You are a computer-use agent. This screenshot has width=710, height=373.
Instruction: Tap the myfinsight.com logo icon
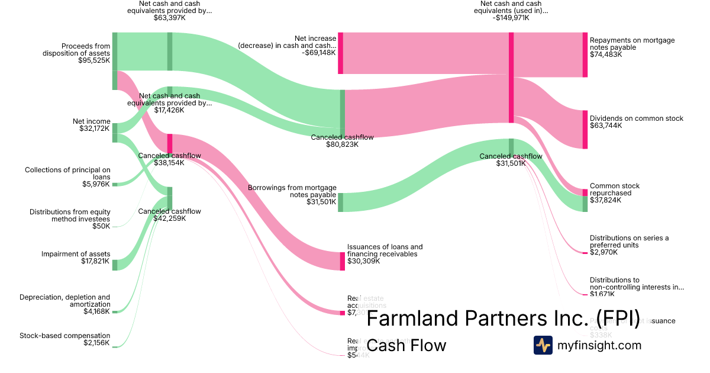click(543, 345)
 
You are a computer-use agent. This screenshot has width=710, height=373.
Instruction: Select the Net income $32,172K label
click(91, 125)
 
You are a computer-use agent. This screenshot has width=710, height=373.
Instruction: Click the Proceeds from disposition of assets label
click(76, 53)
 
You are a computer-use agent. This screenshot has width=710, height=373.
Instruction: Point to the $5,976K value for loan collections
click(97, 184)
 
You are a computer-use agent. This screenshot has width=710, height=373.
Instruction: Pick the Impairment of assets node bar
click(115, 265)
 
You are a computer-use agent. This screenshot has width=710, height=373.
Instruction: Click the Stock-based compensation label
click(64, 336)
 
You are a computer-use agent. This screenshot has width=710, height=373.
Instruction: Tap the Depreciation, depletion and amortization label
click(64, 301)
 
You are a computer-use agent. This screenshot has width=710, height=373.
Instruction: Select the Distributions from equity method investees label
click(70, 215)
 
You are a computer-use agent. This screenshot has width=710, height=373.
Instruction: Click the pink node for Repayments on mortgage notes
click(585, 54)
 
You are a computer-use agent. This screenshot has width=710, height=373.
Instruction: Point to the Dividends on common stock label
click(636, 118)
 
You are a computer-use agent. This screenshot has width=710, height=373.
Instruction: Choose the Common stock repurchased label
click(614, 189)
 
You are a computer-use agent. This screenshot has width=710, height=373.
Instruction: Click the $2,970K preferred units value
click(603, 252)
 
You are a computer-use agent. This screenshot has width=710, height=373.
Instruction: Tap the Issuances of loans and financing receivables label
click(385, 250)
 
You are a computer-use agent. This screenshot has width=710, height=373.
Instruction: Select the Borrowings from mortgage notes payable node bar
click(341, 202)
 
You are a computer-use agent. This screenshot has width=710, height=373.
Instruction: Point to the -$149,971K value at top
click(511, 18)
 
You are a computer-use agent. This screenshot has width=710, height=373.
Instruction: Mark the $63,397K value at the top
click(170, 18)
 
